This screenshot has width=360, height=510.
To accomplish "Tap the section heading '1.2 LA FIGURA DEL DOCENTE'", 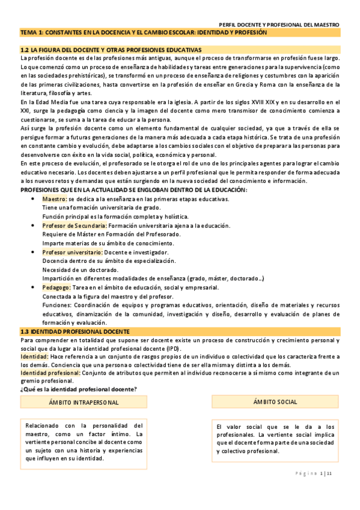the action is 111,49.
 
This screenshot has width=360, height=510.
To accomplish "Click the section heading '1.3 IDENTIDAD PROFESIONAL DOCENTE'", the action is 75,331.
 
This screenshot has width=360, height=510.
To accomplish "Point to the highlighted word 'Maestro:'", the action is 55,199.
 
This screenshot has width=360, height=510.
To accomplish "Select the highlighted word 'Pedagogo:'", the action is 56,287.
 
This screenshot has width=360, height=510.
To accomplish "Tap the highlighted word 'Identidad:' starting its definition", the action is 35,357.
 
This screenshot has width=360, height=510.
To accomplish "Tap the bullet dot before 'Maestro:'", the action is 33,199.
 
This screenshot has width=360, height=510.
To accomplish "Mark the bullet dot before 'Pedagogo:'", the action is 33,287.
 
